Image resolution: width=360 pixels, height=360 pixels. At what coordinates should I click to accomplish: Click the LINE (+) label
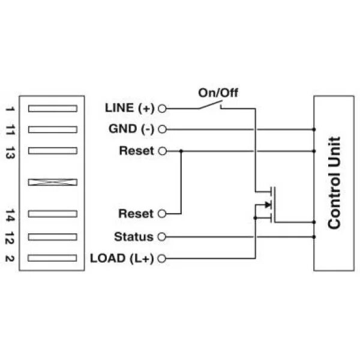(x=130, y=108)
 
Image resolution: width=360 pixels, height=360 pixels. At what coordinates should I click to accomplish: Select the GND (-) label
(x=131, y=129)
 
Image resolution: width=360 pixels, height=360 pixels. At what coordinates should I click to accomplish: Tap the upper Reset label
(x=136, y=151)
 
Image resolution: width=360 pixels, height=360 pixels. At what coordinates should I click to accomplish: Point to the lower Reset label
(x=136, y=214)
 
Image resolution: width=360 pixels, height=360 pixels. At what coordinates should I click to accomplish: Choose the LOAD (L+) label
(x=122, y=259)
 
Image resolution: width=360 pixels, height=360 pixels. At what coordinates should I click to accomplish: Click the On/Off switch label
(x=218, y=92)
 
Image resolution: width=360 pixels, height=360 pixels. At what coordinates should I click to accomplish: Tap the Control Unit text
(x=334, y=182)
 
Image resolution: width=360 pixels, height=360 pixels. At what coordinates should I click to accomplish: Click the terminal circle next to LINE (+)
(x=161, y=109)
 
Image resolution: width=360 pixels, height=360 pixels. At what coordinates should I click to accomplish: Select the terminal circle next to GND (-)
(x=161, y=129)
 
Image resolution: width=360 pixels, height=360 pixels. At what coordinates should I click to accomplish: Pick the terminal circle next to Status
(x=161, y=236)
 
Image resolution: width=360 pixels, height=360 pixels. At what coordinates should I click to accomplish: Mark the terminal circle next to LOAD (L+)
(x=161, y=259)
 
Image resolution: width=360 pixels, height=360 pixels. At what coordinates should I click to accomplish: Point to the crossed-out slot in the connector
(x=53, y=181)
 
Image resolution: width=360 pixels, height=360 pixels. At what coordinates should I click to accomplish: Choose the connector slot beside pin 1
(x=53, y=108)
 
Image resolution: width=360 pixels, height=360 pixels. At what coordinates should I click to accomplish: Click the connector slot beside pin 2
(x=53, y=258)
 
